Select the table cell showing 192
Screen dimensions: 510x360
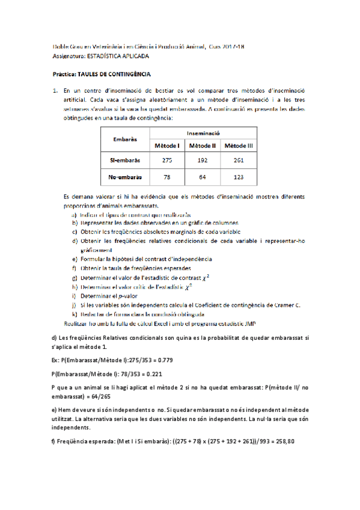[x=203, y=161]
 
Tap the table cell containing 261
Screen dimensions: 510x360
[x=239, y=161]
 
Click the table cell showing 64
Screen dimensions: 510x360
[x=203, y=177]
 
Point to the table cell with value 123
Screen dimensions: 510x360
[x=239, y=177]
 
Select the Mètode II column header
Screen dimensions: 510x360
[x=203, y=146]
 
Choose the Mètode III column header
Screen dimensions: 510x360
[x=239, y=146]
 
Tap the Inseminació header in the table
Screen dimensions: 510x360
[x=203, y=133]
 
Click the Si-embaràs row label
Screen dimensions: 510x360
[x=125, y=161]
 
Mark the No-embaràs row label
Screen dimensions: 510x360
[x=125, y=177]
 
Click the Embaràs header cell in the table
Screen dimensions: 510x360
[x=125, y=140]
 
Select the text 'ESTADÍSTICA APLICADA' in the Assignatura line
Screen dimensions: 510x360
[x=118, y=56]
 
